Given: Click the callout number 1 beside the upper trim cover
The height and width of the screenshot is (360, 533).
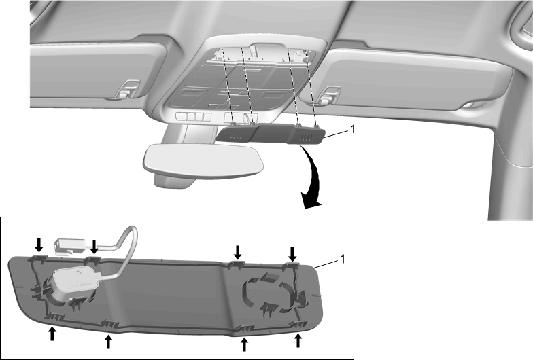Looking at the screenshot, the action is [x=352, y=129].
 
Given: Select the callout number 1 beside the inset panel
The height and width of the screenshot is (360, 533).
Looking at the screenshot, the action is [x=343, y=259].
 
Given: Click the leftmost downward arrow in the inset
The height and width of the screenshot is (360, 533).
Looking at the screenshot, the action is [x=39, y=245].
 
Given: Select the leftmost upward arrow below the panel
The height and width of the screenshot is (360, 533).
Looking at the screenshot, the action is [x=52, y=333].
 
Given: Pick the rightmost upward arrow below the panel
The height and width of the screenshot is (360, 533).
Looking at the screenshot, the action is [x=298, y=340].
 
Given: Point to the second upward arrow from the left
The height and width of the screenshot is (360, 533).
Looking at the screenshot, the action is [x=109, y=342].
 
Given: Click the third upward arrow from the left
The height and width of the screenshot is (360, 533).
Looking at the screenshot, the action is [x=243, y=344].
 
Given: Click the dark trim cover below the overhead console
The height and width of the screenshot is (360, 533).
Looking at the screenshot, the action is [x=271, y=134].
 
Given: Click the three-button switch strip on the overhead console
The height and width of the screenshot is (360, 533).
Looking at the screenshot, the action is [x=193, y=117].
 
